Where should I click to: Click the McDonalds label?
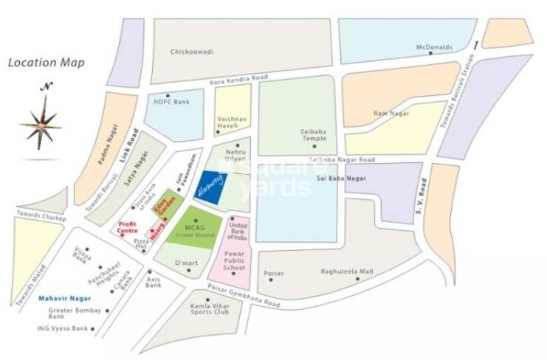click(x=433, y=47)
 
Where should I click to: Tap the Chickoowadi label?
click(x=191, y=52)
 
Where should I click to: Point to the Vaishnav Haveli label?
click(x=231, y=122)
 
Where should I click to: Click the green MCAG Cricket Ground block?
click(x=189, y=228)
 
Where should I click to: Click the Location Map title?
click(x=46, y=63)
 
